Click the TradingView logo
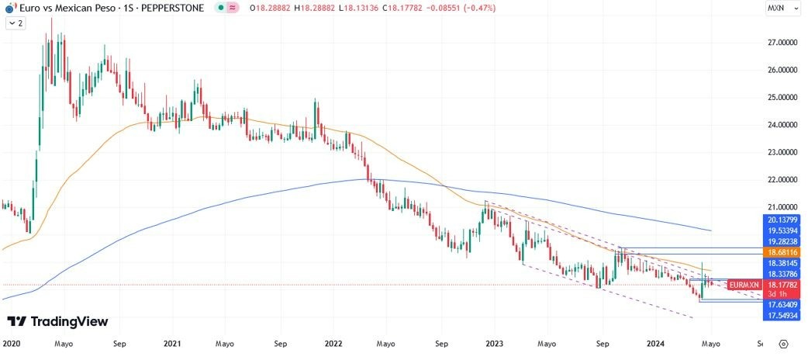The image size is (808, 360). pyautogui.click(x=57, y=322)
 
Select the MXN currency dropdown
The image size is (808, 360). pyautogui.click(x=779, y=8)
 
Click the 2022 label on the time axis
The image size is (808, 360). pyautogui.click(x=333, y=343)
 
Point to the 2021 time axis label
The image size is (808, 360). pyautogui.click(x=173, y=343)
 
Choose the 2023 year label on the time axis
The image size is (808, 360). pyautogui.click(x=494, y=343)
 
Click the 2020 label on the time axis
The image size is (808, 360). pyautogui.click(x=12, y=343)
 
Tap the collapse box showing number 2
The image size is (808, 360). pyautogui.click(x=16, y=24)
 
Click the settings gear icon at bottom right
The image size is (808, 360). pyautogui.click(x=784, y=344)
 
